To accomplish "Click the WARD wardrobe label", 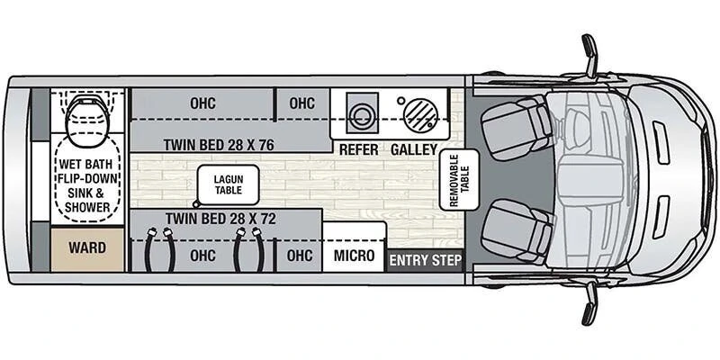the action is coord(87,248).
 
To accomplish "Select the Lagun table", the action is coord(229,184).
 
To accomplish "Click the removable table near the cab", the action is coord(459,179).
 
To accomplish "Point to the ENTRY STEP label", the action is coord(425,261).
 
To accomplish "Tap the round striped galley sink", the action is coord(420,115).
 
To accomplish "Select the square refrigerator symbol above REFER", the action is coord(363,113).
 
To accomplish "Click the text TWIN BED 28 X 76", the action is coord(219,145).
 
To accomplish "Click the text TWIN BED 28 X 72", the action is coord(220,219).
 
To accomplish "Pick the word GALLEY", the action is coord(414,149).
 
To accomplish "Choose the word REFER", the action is coord(358,149).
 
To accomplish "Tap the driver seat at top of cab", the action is coord(517,127).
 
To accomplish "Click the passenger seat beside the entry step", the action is coord(517,231).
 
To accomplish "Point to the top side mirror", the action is coord(589,55).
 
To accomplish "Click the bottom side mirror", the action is coord(589,304).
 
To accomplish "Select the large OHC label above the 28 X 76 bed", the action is coord(202,103).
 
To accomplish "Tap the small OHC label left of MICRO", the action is coord(300,256).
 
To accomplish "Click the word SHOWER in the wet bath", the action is coord(87,207).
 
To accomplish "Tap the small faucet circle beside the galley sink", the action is coord(400,100).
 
